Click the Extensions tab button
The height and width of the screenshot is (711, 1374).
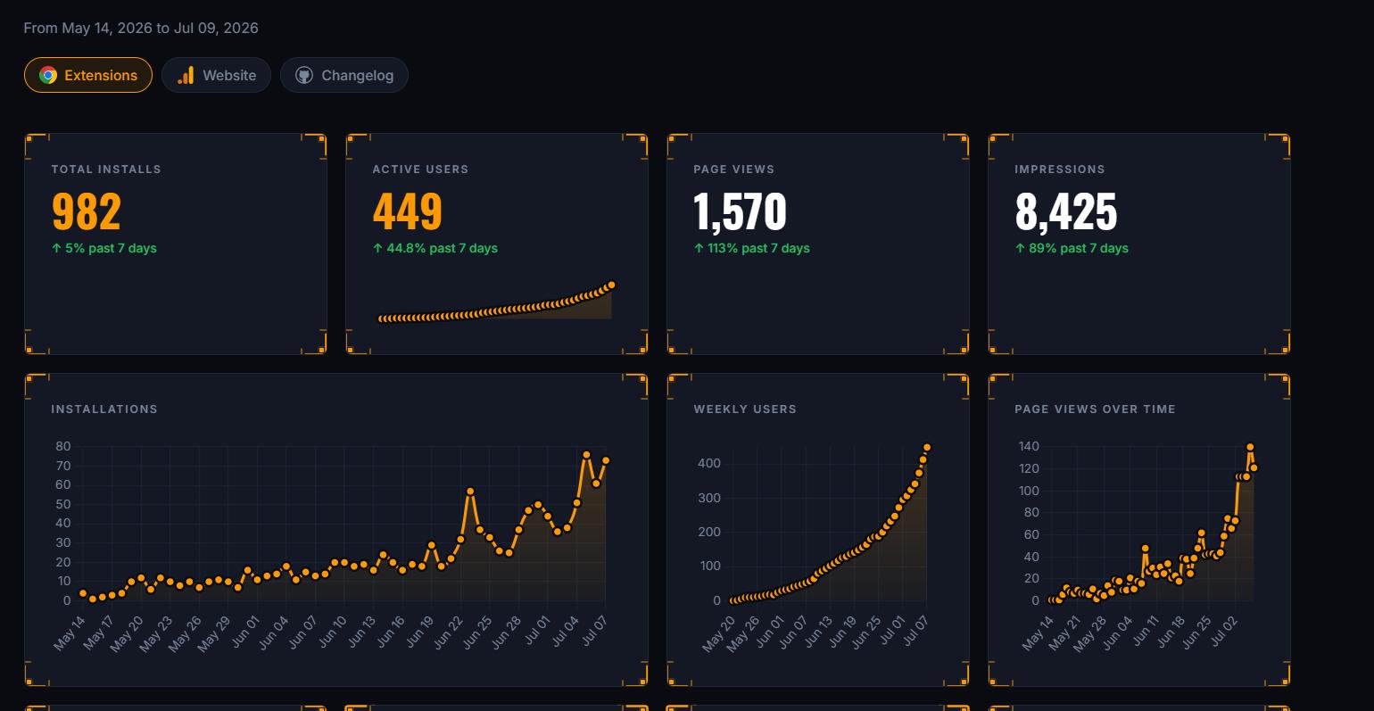[88, 75]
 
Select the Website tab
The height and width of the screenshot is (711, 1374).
[216, 75]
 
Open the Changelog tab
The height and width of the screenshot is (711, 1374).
[344, 75]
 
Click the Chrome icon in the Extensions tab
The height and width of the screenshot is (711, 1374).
[48, 75]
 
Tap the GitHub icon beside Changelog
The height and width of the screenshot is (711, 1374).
[304, 75]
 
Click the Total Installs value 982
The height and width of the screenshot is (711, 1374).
[87, 211]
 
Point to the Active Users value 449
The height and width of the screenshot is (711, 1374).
[407, 211]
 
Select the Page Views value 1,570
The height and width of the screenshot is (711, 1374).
[740, 212]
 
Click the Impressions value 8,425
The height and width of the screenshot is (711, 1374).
[1066, 212]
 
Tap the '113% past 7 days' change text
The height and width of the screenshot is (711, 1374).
[751, 248]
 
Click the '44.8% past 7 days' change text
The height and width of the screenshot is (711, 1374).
[435, 248]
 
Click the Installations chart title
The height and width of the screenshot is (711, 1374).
[104, 409]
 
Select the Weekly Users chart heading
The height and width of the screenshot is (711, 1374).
[745, 409]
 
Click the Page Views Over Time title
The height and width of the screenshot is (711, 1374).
[1095, 409]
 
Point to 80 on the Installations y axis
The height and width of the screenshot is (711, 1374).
[63, 446]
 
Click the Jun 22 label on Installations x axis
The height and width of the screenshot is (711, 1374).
[449, 632]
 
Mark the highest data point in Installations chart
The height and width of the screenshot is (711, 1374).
[586, 455]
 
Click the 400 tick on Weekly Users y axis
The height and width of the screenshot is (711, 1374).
[709, 463]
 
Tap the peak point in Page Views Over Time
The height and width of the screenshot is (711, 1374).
[1250, 447]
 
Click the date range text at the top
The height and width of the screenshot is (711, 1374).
[141, 29]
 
